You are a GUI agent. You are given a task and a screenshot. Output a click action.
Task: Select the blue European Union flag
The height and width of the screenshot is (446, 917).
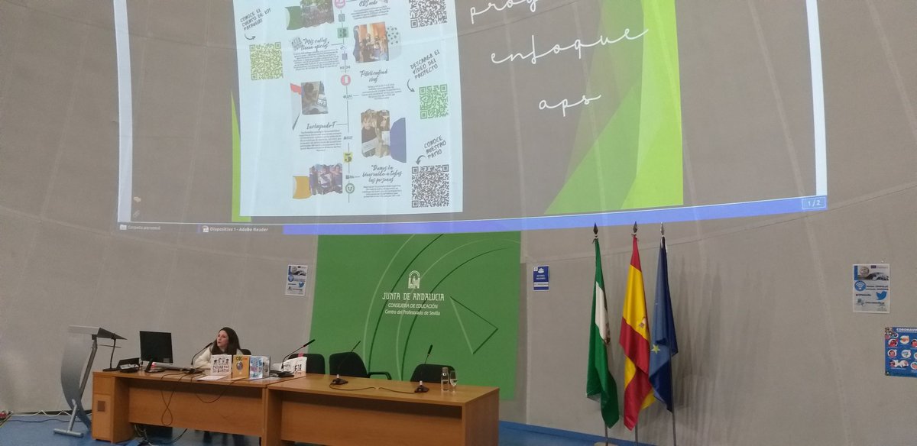(663, 328)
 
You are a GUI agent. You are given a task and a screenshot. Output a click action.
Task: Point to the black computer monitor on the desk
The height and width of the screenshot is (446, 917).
(155, 347)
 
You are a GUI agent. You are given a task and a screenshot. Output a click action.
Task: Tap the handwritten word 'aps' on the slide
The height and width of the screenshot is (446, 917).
(569, 102)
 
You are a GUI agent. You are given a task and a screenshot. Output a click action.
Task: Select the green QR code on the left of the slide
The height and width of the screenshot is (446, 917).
(265, 61)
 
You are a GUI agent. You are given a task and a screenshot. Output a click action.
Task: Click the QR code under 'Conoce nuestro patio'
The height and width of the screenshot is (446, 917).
(430, 186)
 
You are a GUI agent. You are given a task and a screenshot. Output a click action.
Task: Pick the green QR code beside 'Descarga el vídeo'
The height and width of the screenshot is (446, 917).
(433, 101)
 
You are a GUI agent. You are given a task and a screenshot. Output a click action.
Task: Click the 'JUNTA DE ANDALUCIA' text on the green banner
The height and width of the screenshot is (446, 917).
(413, 296)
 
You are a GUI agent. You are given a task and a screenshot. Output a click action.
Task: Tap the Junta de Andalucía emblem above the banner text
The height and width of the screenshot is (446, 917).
(413, 280)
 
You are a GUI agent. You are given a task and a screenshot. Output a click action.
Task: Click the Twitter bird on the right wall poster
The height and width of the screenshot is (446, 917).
(880, 296)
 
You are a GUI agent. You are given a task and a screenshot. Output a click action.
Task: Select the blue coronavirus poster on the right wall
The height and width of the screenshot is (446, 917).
(900, 351)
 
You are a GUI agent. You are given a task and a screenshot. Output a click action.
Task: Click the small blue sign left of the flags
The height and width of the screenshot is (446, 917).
(540, 277)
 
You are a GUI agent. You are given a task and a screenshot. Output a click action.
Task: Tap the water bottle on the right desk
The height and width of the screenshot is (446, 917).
(444, 379)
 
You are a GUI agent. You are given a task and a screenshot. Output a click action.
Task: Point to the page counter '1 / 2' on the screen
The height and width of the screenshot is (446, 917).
(813, 202)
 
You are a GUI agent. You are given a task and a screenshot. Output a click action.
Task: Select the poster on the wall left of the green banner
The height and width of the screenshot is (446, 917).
(296, 280)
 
